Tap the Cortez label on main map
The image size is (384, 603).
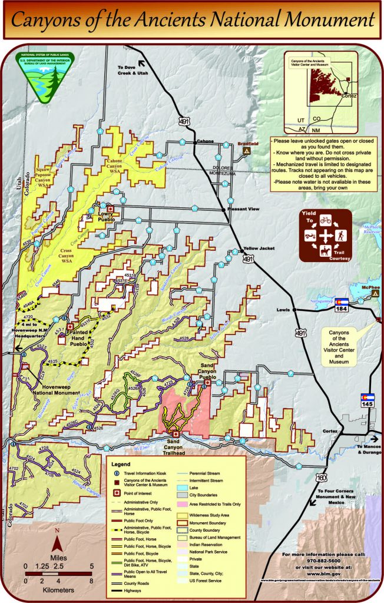click(x=330, y=431)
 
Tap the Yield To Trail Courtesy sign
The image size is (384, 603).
click(x=325, y=235)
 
